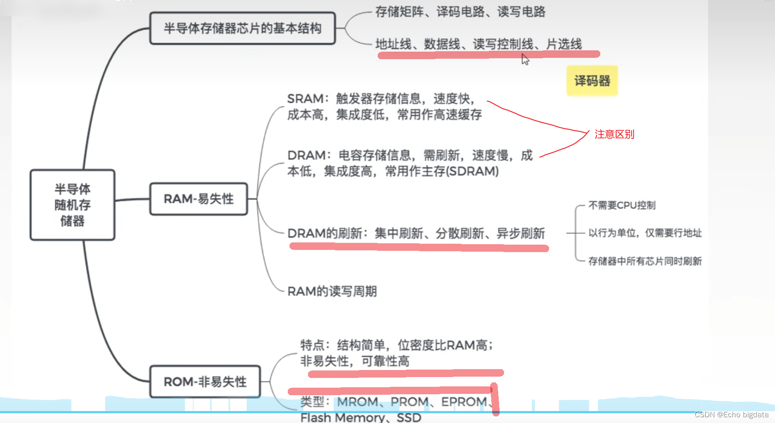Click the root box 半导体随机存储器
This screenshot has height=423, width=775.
[x=72, y=205]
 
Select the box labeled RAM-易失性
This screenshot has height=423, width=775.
[x=199, y=199]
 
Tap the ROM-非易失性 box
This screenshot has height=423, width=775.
[x=205, y=381]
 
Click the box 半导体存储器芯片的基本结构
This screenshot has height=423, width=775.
[x=242, y=29]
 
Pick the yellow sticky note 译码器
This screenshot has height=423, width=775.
[x=592, y=81]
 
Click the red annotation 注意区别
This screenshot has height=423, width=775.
[x=614, y=134]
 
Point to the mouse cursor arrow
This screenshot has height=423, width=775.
[x=525, y=59]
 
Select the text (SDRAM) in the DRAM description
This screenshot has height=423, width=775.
[x=473, y=171]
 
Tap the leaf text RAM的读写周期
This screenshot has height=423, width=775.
[x=332, y=291]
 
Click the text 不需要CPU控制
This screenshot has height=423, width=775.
[x=622, y=205]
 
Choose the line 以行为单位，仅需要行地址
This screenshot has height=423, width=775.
[x=645, y=233]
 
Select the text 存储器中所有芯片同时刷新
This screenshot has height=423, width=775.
[x=645, y=261]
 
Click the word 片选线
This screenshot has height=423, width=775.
[x=564, y=44]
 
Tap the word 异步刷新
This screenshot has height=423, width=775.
[x=521, y=233]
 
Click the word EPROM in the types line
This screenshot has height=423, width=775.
[x=464, y=402]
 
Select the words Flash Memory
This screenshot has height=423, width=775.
[x=342, y=417]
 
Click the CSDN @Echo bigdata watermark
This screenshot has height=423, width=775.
[x=731, y=415]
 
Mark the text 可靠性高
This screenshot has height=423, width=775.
[x=385, y=361]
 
